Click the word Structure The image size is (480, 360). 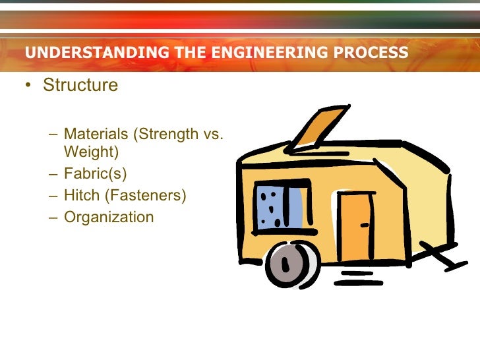pyautogui.click(x=80, y=86)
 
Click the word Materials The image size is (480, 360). pyautogui.click(x=96, y=135)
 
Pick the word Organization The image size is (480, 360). pyautogui.click(x=109, y=216)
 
